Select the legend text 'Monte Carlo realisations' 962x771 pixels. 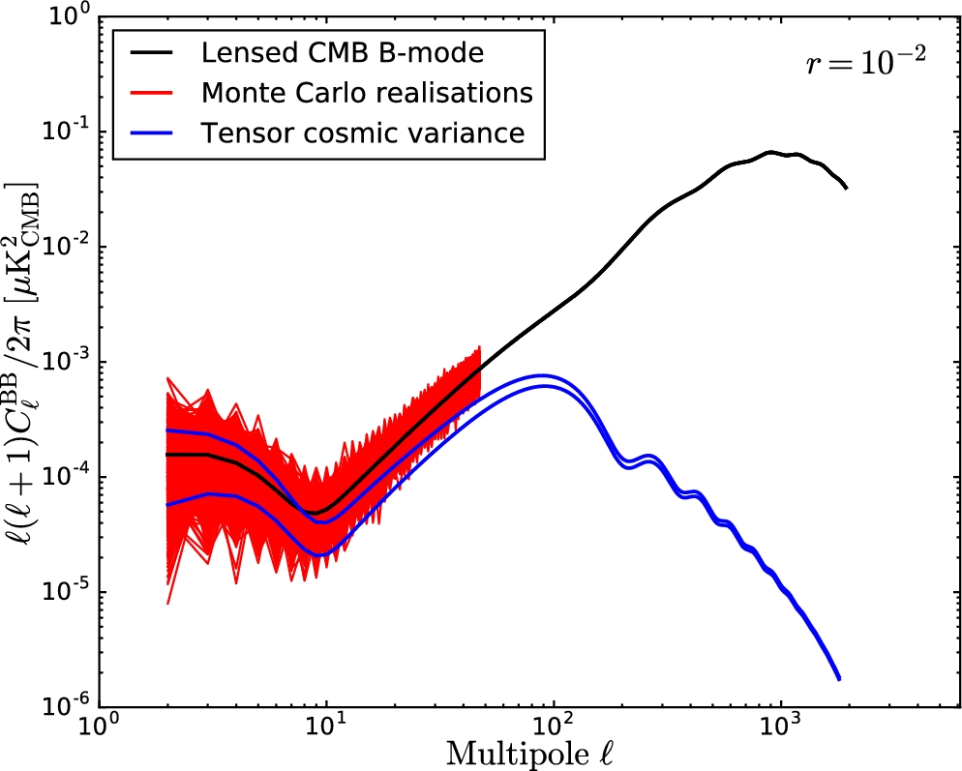(x=367, y=93)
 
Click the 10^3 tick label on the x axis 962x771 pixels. (x=779, y=727)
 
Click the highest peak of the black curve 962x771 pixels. (x=770, y=152)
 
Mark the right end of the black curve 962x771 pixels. (x=847, y=188)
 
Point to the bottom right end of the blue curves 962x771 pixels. (x=838, y=678)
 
